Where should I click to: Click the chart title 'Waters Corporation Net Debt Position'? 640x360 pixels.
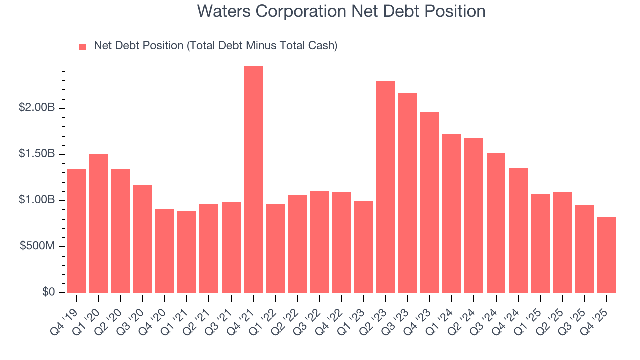(341, 11)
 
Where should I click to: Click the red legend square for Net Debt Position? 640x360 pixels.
(83, 46)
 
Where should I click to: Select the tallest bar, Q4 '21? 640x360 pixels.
(253, 180)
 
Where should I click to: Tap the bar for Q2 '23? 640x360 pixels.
(385, 187)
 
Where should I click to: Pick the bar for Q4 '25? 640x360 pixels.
(606, 255)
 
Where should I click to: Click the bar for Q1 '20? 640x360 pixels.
(98, 223)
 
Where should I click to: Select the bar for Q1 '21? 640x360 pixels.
(187, 252)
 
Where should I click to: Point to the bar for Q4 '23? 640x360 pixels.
(429, 202)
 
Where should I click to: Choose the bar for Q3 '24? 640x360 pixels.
(496, 223)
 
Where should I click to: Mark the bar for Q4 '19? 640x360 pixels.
(76, 231)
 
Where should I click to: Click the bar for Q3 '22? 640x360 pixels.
(319, 242)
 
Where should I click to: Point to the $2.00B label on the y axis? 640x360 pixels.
(37, 108)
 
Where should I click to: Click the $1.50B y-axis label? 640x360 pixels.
(37, 154)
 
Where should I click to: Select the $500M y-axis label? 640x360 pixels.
(37, 247)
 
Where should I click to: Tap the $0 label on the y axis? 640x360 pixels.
(48, 293)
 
